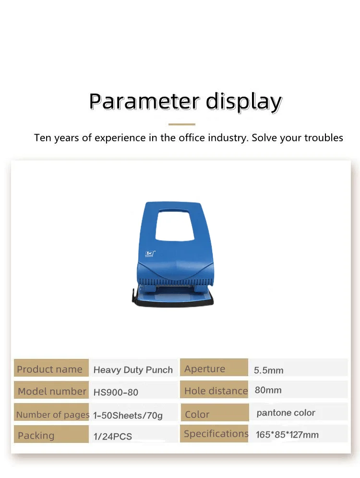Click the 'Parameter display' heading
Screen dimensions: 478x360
(185, 102)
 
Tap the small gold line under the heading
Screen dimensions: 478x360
(182, 124)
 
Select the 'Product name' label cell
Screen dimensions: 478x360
(50, 369)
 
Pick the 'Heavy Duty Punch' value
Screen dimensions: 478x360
(133, 370)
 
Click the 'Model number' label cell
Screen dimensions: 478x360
(51, 391)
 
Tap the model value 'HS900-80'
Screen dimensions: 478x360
(116, 392)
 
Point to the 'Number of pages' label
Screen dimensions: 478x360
(52, 415)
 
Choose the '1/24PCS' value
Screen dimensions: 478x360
(112, 437)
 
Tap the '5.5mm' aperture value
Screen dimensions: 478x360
(269, 370)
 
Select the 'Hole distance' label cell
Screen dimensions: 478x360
(216, 391)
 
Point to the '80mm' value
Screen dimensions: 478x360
(268, 390)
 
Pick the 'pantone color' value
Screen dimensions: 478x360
(286, 413)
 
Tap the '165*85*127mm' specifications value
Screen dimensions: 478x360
(287, 435)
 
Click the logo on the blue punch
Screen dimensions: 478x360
(149, 252)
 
